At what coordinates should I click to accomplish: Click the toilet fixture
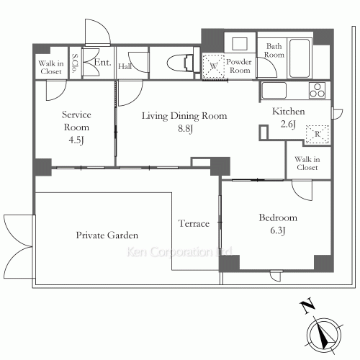point(181,63)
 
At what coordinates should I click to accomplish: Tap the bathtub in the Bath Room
point(300,58)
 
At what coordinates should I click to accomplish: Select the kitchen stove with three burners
point(317,90)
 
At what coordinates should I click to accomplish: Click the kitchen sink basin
point(274,90)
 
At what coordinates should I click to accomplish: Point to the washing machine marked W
point(214,66)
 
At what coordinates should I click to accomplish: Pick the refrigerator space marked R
point(318,134)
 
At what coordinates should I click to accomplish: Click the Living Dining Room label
point(184,116)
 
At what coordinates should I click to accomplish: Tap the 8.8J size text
point(185,129)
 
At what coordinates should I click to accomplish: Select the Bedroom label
point(278,217)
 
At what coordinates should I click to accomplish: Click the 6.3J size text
point(278,230)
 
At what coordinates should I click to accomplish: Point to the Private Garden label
point(107,235)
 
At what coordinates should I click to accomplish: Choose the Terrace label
point(194,223)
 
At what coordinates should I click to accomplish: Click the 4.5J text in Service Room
point(76,140)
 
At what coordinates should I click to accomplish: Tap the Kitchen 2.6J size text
point(288,124)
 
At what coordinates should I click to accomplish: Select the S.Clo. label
point(75,63)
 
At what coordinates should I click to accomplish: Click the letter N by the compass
point(307,306)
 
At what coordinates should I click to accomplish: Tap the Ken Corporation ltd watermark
point(179,252)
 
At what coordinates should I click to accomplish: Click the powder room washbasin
point(240,44)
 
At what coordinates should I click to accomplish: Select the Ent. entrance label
point(102,63)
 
